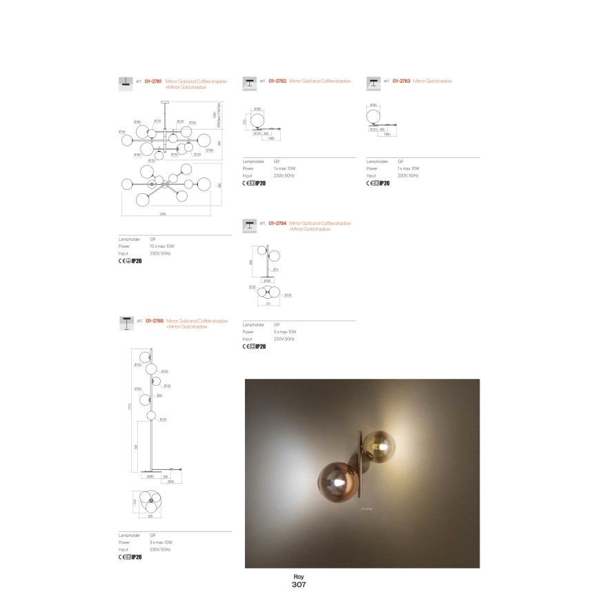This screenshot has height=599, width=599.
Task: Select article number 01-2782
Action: click(277, 81)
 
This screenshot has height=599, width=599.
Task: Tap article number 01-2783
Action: click(401, 81)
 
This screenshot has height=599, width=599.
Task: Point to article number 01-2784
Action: click(277, 224)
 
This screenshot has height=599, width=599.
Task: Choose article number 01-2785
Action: click(154, 321)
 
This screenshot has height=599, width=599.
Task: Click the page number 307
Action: click(299, 584)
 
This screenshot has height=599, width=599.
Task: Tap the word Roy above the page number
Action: click(299, 576)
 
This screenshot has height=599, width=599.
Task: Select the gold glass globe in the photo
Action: click(379, 448)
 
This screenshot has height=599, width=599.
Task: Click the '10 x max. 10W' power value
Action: click(163, 246)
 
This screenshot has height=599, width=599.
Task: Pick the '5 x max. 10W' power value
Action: click(161, 542)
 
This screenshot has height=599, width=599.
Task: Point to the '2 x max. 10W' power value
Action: click(285, 332)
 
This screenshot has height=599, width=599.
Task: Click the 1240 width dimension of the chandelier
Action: click(162, 215)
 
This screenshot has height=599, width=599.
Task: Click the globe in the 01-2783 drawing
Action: click(375, 115)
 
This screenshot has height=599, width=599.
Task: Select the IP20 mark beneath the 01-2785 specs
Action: click(135, 557)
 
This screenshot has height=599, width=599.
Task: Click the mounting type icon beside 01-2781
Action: click(126, 83)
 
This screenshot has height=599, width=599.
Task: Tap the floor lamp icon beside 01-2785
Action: click(127, 321)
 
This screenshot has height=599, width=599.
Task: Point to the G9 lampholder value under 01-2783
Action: click(401, 161)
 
